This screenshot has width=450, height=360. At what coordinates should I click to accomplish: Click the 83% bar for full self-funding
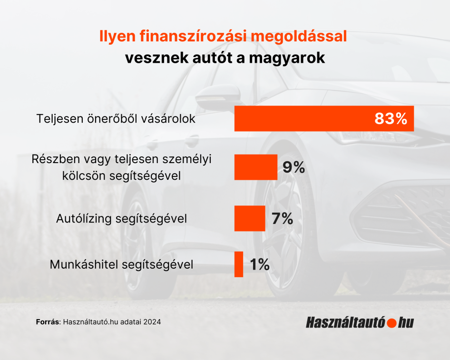304,118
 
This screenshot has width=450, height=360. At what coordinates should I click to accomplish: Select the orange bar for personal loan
255,167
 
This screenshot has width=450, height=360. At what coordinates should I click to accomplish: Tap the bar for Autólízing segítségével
250,218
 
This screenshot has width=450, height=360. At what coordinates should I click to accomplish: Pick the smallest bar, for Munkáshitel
239,264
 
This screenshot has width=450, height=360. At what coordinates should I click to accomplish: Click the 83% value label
391,119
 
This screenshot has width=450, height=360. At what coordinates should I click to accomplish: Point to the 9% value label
293,167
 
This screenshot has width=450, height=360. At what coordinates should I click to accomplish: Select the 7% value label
282,218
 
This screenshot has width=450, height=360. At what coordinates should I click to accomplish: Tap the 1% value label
260,264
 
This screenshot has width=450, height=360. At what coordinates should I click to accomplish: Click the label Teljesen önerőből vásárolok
116,119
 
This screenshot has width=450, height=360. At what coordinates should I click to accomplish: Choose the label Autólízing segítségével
121,219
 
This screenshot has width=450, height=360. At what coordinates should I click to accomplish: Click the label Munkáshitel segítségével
121,264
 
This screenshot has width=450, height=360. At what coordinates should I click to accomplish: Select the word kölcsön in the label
81,175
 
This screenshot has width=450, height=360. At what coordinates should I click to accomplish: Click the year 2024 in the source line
152,322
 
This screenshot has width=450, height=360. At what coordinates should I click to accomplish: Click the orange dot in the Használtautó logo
392,323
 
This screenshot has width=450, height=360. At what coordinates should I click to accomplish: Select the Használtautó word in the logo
346,323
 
